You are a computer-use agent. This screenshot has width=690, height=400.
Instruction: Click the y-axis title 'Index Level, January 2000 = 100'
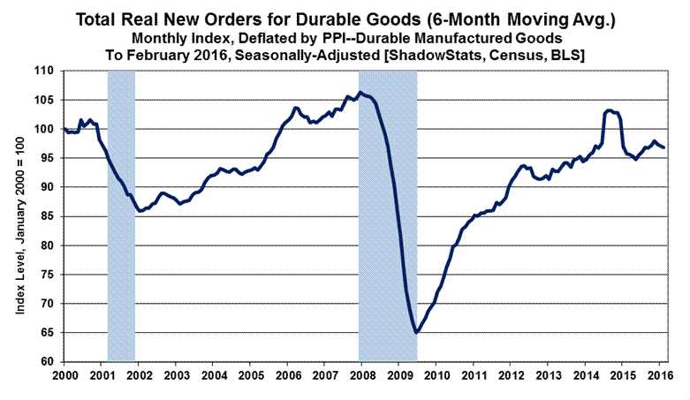19,216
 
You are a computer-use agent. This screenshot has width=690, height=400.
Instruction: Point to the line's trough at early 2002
140,211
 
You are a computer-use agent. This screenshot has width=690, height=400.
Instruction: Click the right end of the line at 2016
663,147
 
